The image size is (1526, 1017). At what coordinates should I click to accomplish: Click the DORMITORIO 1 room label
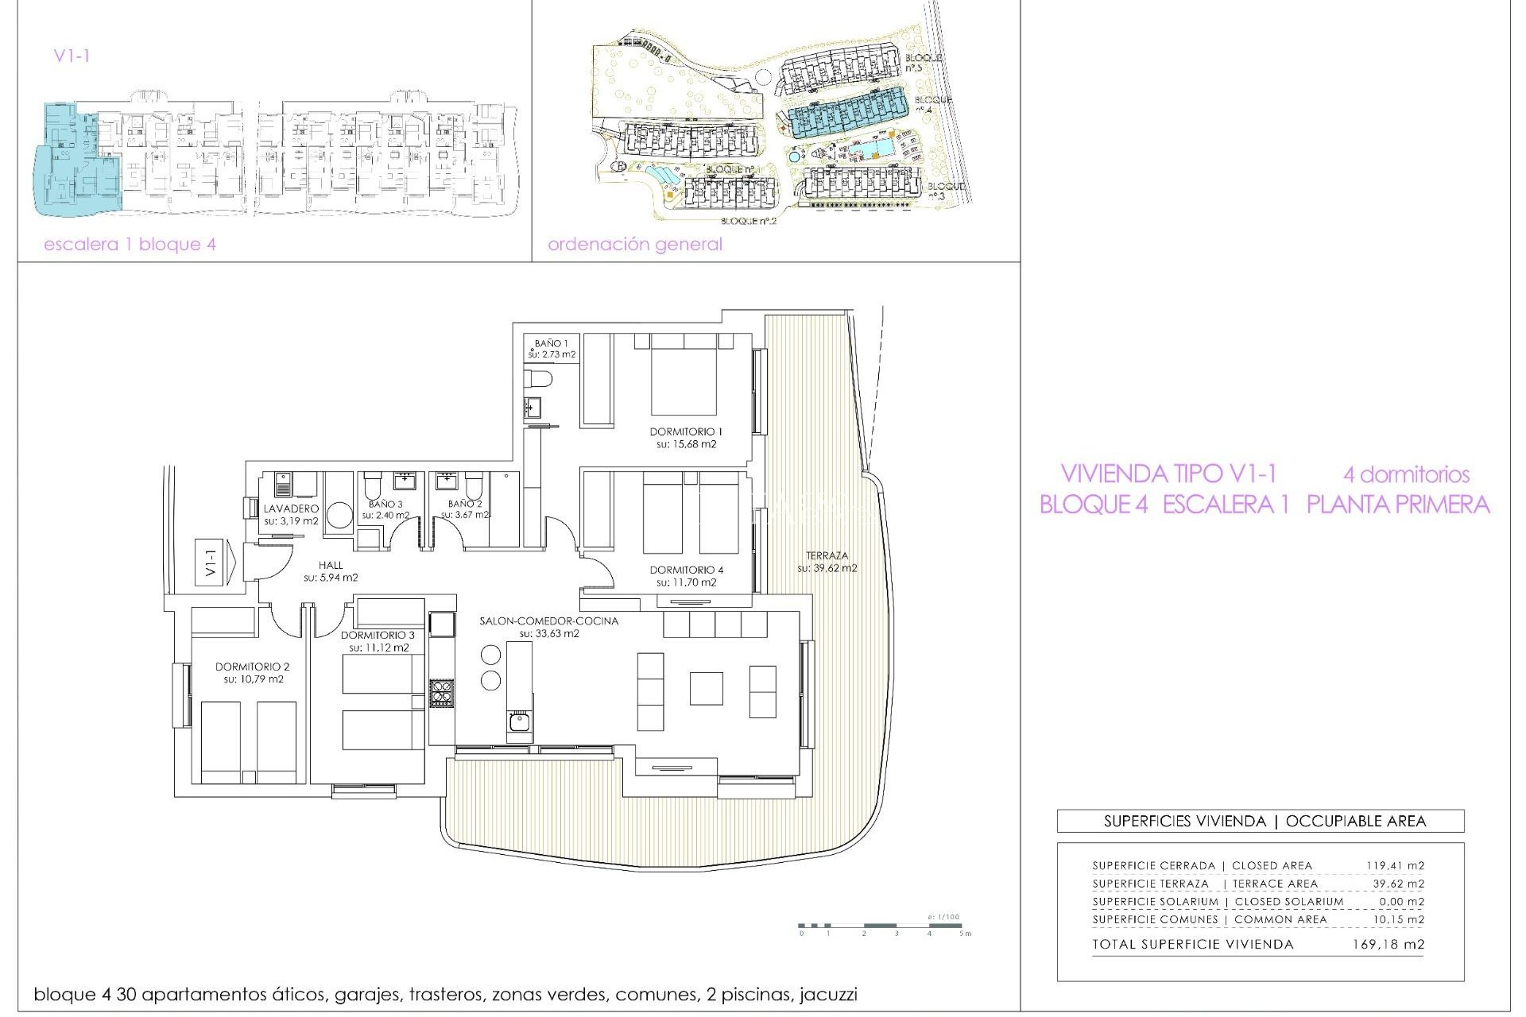pos(686,431)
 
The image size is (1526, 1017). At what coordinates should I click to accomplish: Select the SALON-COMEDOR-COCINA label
pos(548,621)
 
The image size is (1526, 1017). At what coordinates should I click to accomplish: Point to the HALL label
pos(331,565)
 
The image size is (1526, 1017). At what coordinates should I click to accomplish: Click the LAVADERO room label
pos(291,508)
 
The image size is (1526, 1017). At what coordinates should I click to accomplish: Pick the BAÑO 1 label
pos(551,343)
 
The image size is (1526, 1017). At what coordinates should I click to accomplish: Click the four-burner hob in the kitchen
pos(442,694)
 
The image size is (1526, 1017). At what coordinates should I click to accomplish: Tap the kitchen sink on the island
pos(520,722)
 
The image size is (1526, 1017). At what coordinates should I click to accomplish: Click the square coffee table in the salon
pos(706,688)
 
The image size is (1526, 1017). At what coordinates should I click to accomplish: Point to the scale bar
pos(881,926)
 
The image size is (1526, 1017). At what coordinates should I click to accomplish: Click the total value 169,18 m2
pos(1388,945)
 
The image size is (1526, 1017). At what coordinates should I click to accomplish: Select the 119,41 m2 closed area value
pos(1395,865)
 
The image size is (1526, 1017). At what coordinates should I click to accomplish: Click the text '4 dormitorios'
pos(1406,475)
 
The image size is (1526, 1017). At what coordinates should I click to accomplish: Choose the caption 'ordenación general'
pos(634,244)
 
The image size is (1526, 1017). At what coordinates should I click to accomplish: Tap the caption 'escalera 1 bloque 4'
pos(130,244)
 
